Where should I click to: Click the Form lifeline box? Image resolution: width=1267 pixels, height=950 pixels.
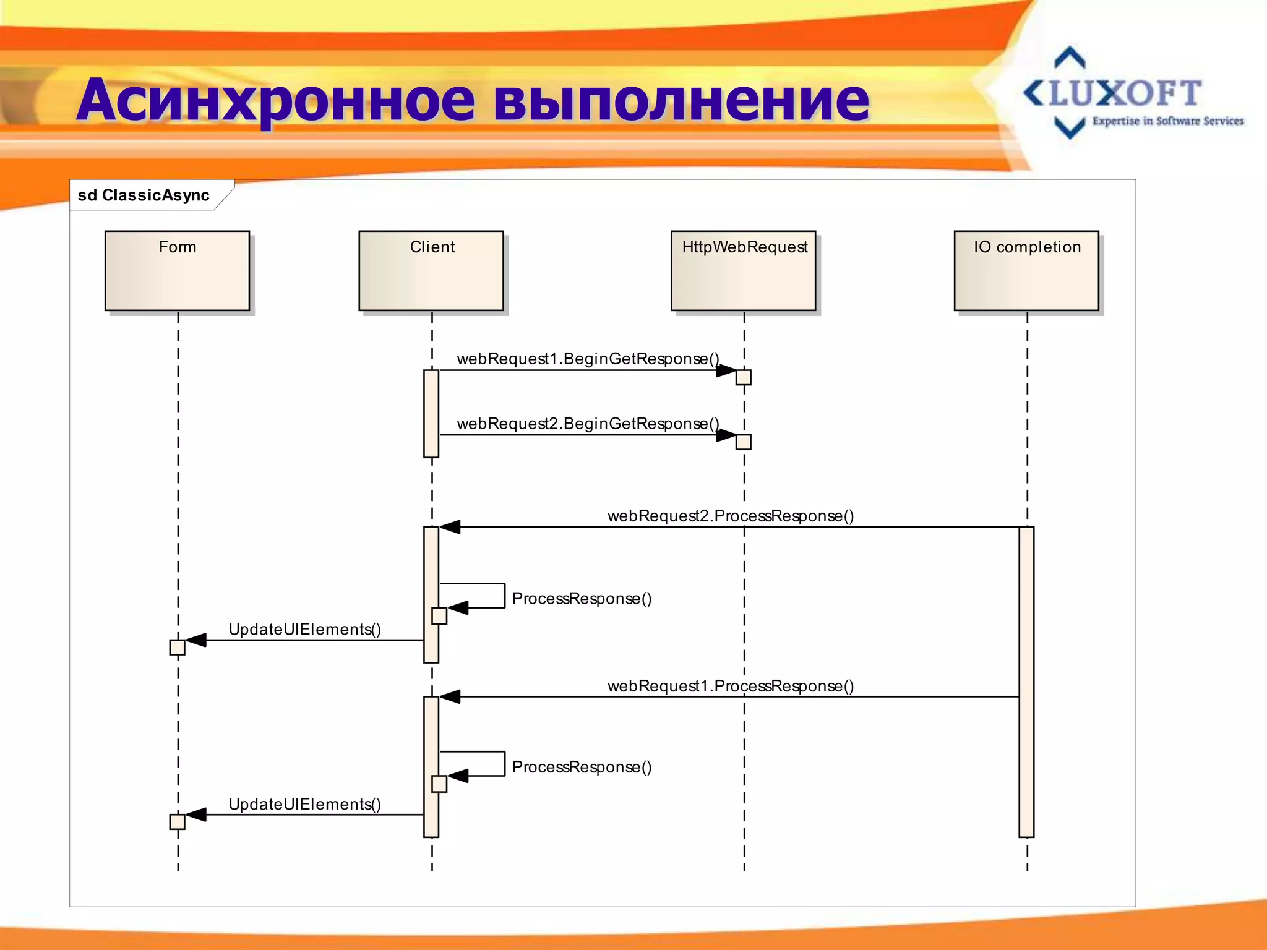click(177, 271)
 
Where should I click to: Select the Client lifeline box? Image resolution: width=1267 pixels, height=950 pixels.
click(431, 271)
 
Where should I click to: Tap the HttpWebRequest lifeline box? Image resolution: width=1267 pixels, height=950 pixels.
click(743, 271)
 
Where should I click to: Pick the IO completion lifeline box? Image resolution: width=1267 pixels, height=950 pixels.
click(1026, 271)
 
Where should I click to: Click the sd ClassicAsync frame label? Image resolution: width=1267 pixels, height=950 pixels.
click(144, 195)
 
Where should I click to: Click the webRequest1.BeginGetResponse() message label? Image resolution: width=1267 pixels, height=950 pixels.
click(588, 359)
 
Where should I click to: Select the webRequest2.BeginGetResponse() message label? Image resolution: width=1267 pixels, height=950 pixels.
click(588, 424)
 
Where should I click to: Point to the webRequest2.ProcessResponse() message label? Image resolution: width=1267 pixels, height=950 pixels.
click(731, 516)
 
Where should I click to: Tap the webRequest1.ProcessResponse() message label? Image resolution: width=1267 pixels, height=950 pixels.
click(731, 686)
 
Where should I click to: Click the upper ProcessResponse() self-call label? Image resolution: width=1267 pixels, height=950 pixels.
click(582, 599)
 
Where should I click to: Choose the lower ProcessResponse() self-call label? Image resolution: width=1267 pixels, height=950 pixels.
click(582, 768)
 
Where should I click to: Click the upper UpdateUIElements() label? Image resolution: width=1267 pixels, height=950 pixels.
click(304, 630)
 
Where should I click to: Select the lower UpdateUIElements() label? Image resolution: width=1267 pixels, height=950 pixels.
click(304, 805)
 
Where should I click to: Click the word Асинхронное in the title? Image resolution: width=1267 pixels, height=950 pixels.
click(276, 100)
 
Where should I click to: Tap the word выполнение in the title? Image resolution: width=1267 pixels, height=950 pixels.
click(681, 100)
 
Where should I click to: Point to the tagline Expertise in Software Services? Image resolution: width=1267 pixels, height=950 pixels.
click(1167, 121)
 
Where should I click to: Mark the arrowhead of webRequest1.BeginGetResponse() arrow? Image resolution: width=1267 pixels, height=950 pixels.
click(726, 370)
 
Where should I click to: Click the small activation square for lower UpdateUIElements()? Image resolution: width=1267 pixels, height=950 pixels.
click(178, 822)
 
